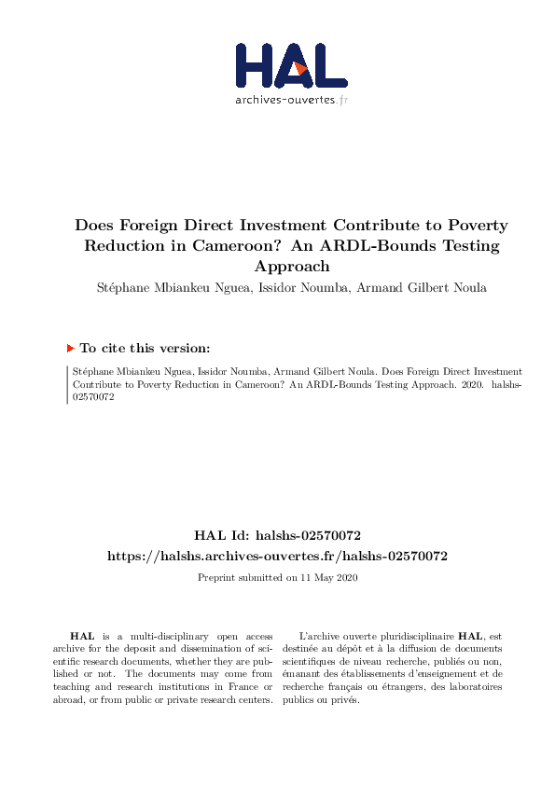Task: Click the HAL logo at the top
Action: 278,66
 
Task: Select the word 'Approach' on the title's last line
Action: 277,267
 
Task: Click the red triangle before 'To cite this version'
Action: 70,348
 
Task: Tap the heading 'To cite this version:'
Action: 145,348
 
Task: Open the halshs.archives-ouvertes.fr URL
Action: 277,556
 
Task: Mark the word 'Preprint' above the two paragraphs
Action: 216,577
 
